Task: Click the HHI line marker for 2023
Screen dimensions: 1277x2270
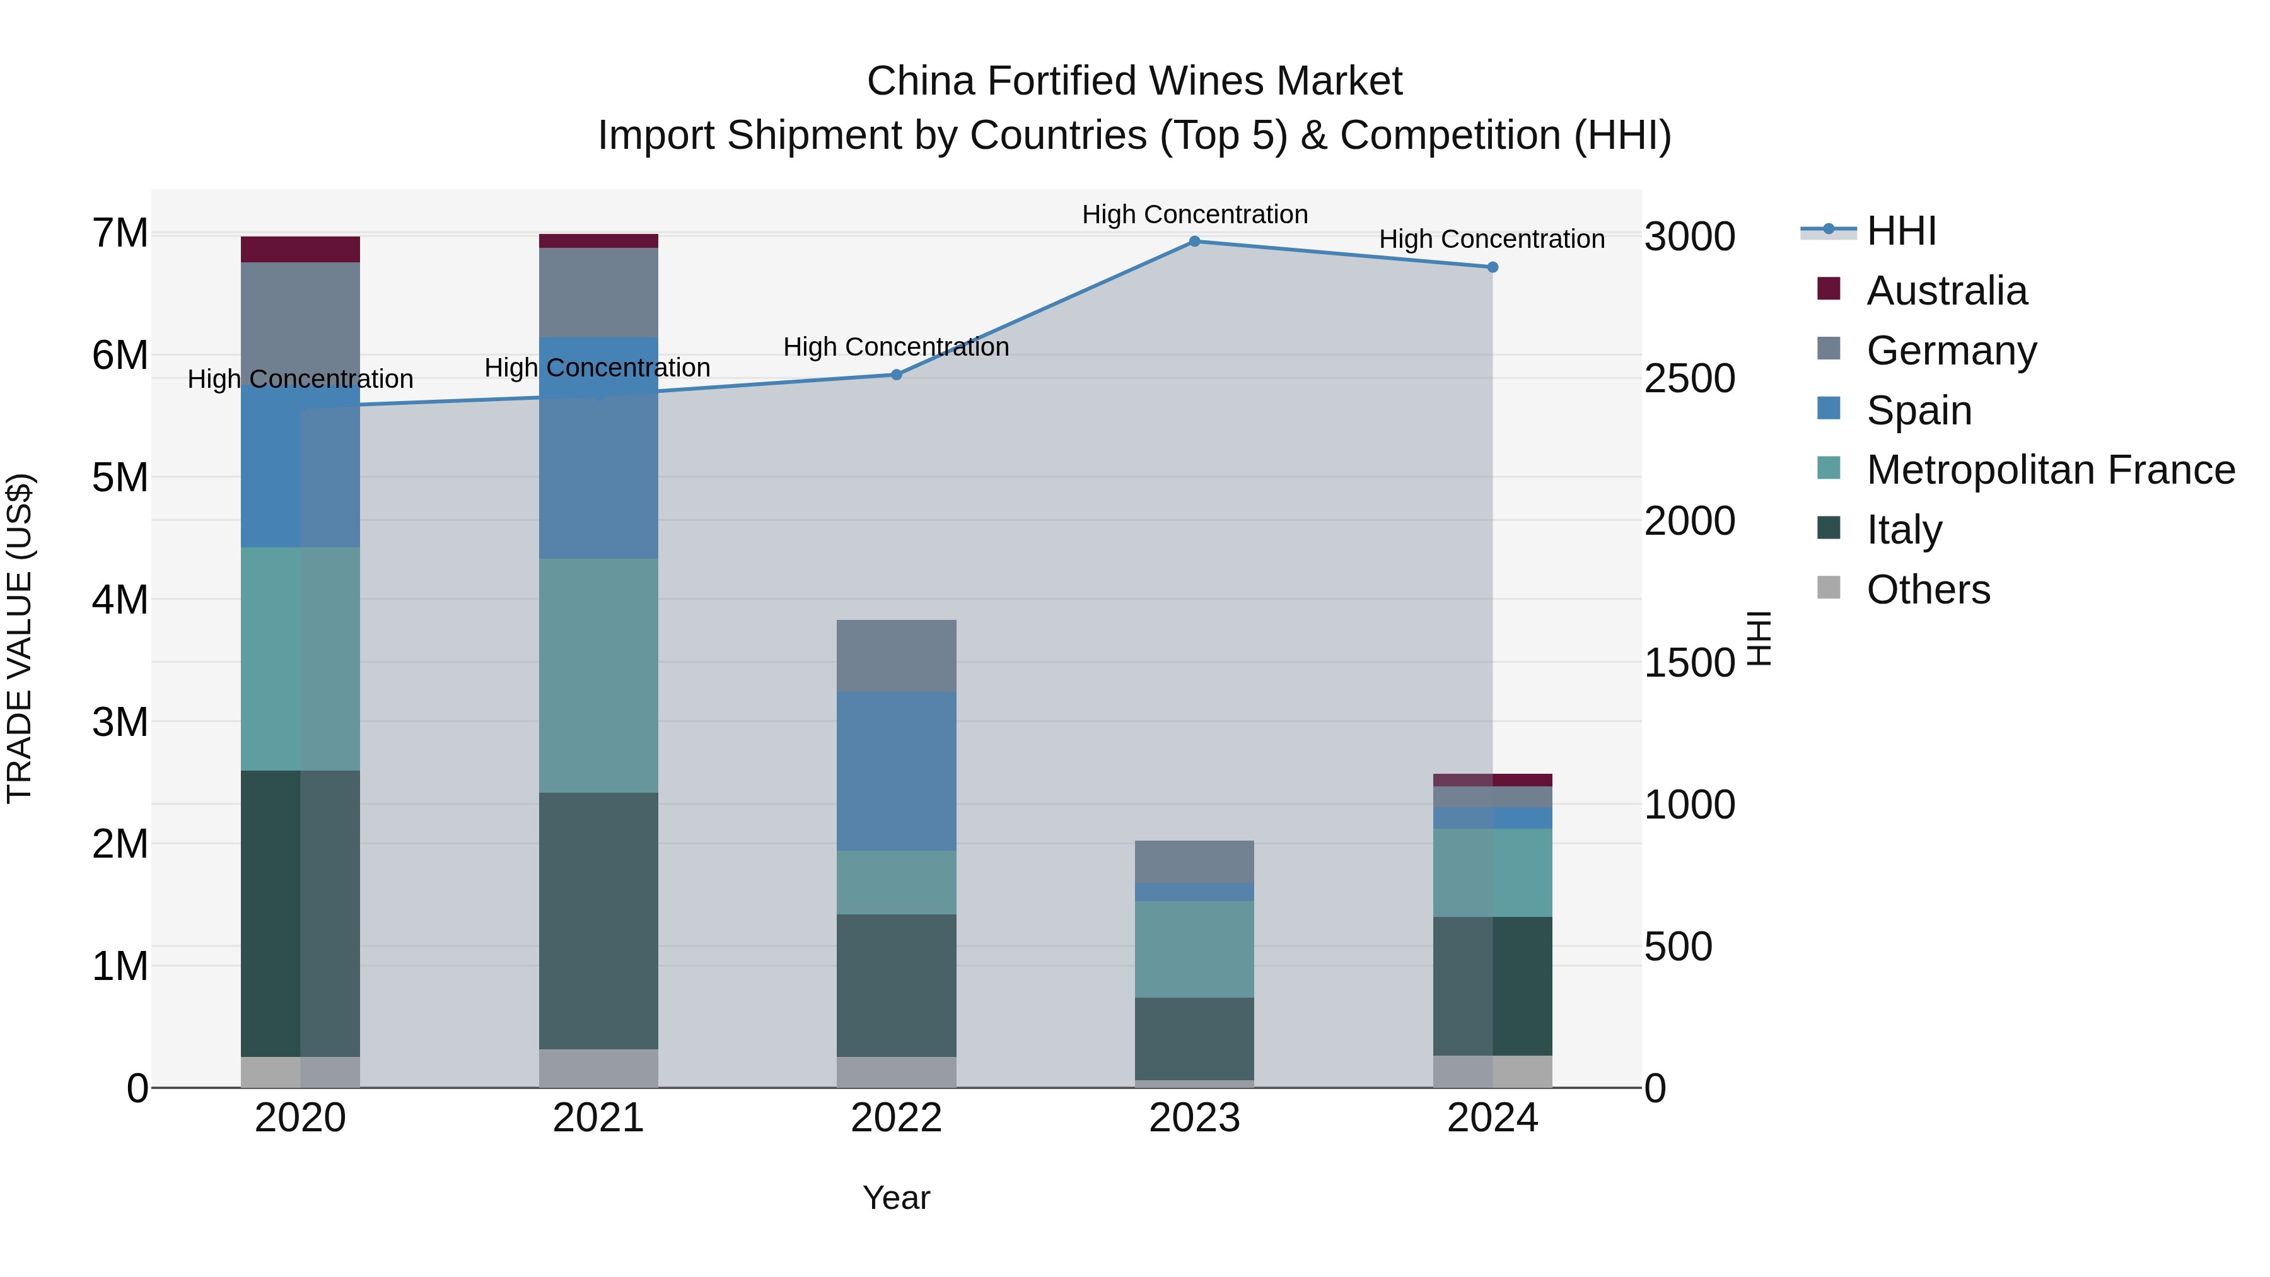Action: pos(1194,241)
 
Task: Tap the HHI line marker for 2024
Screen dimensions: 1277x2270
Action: pos(1492,267)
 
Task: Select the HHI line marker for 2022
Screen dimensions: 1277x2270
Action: pos(896,375)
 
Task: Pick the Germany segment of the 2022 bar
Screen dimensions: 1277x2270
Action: pos(896,656)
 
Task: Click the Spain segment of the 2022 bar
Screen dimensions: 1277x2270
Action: pos(896,771)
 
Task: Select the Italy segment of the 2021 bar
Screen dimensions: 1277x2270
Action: pos(598,920)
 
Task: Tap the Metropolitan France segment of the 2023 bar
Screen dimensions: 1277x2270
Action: pos(1194,949)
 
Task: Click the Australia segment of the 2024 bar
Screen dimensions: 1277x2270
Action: pos(1492,780)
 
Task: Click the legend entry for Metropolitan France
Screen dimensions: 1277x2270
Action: pos(2050,470)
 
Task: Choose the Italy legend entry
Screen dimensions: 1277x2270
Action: pos(1904,530)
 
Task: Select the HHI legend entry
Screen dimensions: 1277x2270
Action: pos(1900,231)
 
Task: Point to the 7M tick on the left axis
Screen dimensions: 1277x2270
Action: pos(120,233)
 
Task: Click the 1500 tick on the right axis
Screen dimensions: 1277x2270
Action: pos(1689,663)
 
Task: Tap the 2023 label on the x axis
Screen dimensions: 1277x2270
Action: pos(1194,1118)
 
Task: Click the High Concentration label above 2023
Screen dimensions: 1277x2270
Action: pos(1194,214)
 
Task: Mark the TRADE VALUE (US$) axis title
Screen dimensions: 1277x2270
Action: pos(20,638)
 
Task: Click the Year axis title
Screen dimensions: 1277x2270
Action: pos(896,1198)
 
